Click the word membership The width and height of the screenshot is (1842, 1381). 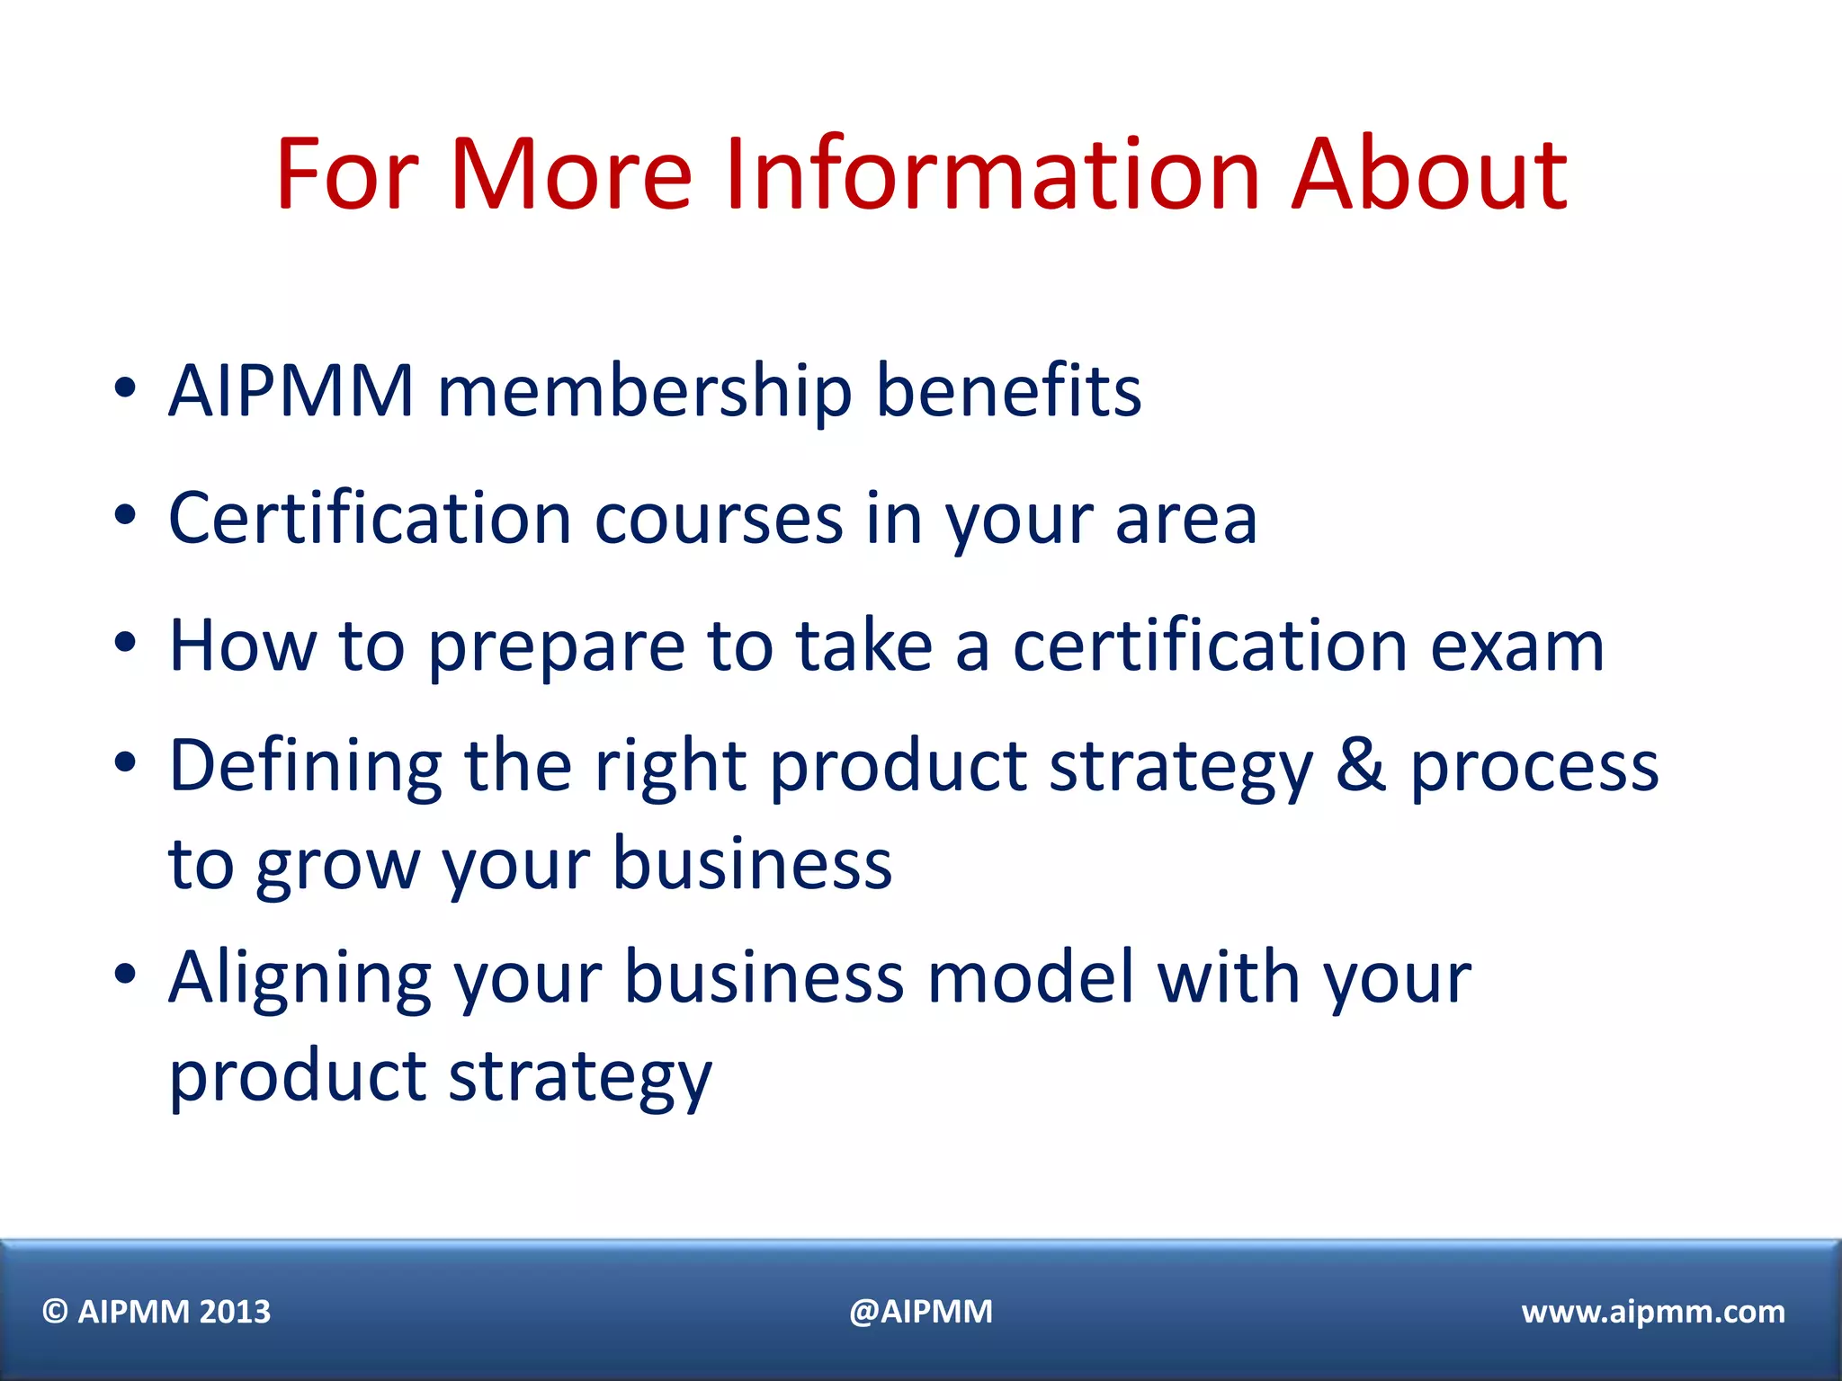pos(644,391)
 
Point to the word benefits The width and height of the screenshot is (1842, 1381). pos(1008,391)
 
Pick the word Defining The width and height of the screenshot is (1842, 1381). pos(306,767)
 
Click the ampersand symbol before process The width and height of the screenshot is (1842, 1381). pos(1361,765)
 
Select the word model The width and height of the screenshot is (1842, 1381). pos(1031,977)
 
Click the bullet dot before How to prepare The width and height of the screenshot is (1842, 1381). pos(125,642)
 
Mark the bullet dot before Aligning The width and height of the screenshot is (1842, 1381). pos(125,973)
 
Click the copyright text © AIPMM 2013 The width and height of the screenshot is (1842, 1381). pos(156,1312)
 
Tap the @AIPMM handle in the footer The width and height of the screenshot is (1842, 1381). pos(921,1312)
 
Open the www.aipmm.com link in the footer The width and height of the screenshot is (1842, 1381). pos(1653,1312)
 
